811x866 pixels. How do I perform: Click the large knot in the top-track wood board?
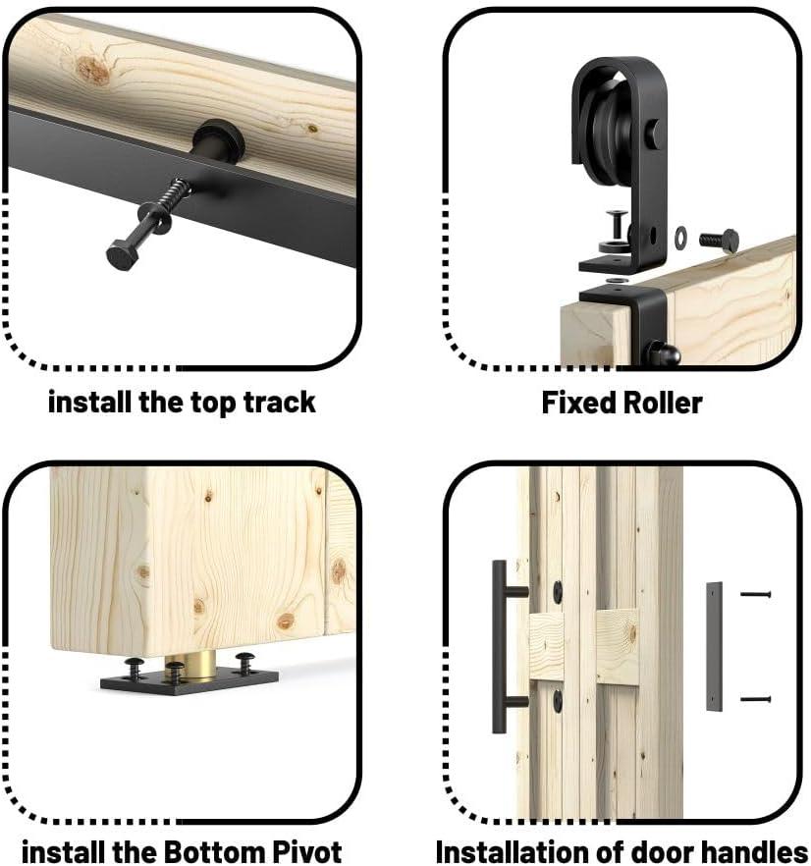click(93, 70)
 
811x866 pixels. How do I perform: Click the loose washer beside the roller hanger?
click(681, 237)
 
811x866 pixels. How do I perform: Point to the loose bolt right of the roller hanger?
click(720, 241)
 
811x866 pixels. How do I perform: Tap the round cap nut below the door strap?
click(663, 353)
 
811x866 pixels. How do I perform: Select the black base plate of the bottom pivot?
click(189, 679)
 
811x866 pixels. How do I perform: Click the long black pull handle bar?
click(499, 646)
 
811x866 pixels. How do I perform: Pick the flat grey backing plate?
click(714, 646)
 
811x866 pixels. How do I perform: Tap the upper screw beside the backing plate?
click(755, 594)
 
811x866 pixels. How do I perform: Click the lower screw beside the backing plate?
click(755, 700)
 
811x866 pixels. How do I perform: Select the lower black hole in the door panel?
click(558, 700)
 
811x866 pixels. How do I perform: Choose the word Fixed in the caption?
click(577, 403)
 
